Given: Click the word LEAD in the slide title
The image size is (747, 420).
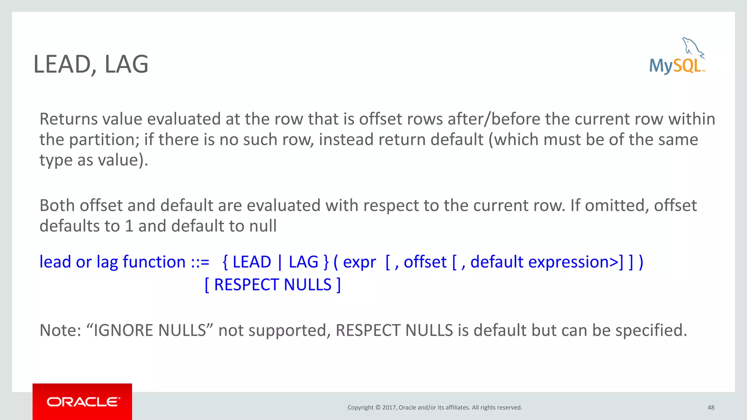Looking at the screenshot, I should pyautogui.click(x=62, y=65).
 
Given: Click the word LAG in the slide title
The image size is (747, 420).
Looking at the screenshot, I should pyautogui.click(x=127, y=65).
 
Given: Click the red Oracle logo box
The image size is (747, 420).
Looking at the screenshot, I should pyautogui.click(x=82, y=401).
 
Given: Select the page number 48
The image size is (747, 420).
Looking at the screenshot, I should pyautogui.click(x=711, y=408).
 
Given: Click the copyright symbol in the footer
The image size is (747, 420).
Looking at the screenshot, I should pyautogui.click(x=378, y=408).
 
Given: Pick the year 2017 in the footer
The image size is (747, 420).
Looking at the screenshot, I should pyautogui.click(x=389, y=408).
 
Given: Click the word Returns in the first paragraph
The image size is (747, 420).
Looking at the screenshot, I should pyautogui.click(x=68, y=119).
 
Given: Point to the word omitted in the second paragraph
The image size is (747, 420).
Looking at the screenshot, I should pyautogui.click(x=616, y=206).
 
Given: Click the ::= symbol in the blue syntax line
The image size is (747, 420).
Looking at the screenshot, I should pyautogui.click(x=200, y=262).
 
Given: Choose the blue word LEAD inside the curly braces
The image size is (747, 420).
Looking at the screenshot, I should pyautogui.click(x=252, y=262).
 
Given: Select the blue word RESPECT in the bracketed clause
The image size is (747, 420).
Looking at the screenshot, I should pyautogui.click(x=247, y=285).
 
